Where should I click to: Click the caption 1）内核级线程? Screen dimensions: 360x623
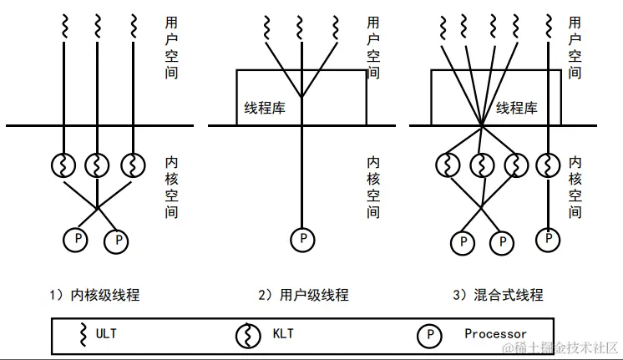(x=94, y=295)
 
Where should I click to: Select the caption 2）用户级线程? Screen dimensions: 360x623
(x=303, y=295)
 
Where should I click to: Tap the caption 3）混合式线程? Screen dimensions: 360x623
(x=498, y=295)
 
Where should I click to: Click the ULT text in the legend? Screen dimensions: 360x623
(x=106, y=334)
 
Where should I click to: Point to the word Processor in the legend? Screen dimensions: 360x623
(x=495, y=334)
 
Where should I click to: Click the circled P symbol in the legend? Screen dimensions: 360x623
(x=428, y=335)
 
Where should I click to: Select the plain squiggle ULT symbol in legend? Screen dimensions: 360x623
(x=83, y=334)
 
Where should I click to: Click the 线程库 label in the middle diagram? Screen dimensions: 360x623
(x=263, y=108)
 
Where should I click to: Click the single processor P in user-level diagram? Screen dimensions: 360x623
(x=301, y=240)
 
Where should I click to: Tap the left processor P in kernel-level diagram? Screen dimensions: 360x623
(x=77, y=241)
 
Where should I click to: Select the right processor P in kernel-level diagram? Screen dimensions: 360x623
(x=116, y=242)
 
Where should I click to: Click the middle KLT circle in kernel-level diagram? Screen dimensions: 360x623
(x=98, y=163)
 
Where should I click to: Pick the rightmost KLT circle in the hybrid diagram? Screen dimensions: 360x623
(x=548, y=163)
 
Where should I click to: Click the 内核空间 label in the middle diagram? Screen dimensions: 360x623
(x=374, y=185)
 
